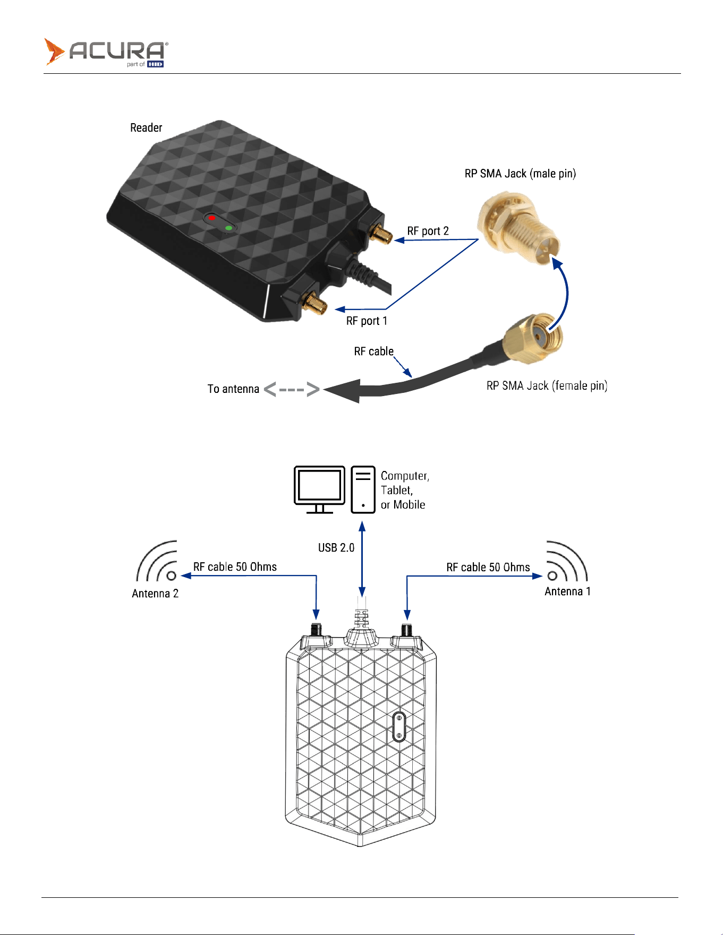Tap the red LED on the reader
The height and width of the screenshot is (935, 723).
pyautogui.click(x=211, y=218)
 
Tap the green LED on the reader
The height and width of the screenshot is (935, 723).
pyautogui.click(x=228, y=228)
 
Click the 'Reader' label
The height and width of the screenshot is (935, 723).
pyautogui.click(x=146, y=127)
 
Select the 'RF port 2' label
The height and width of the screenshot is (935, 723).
pyautogui.click(x=428, y=231)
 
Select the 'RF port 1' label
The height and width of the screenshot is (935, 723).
pyautogui.click(x=367, y=321)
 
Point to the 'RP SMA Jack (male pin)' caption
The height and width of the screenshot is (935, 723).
pyautogui.click(x=520, y=174)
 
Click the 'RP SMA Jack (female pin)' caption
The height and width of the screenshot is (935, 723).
pyautogui.click(x=547, y=385)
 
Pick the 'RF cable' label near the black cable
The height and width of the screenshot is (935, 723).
pyautogui.click(x=374, y=351)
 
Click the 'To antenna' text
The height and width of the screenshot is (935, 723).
pyautogui.click(x=233, y=389)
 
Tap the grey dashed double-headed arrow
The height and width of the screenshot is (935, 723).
pyautogui.click(x=292, y=390)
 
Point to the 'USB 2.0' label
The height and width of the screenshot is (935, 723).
pyautogui.click(x=336, y=547)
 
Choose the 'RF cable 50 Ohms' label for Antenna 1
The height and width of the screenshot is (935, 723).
pyautogui.click(x=488, y=568)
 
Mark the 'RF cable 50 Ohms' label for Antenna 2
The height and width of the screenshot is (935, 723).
pyautogui.click(x=235, y=567)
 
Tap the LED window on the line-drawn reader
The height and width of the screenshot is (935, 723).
pyautogui.click(x=399, y=727)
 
